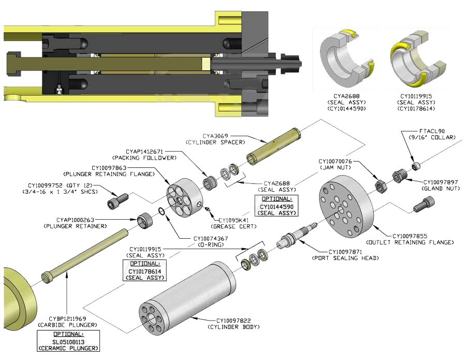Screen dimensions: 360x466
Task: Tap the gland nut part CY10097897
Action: (398, 176)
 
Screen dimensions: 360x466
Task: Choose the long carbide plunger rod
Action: (83, 257)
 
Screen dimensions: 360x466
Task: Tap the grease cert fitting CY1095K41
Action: (208, 209)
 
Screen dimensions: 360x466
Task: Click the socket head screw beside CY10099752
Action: (119, 200)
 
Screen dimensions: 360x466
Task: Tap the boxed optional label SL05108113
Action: (69, 341)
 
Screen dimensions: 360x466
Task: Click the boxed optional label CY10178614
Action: (144, 270)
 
